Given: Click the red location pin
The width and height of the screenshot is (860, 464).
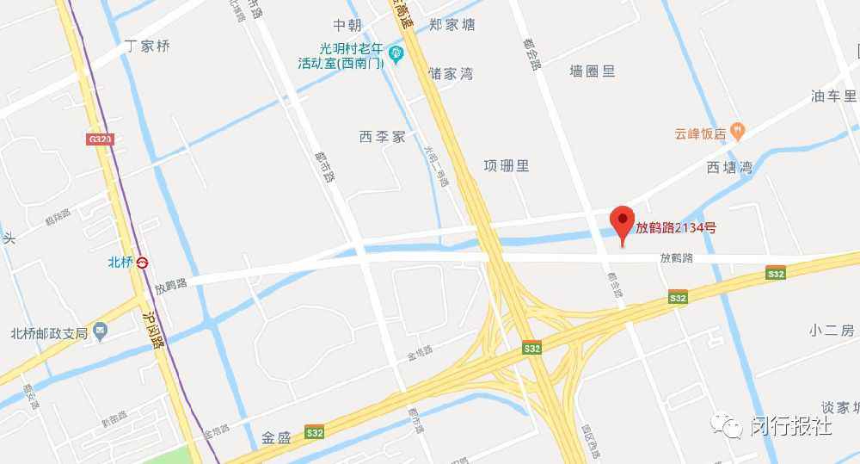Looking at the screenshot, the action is click(x=622, y=222).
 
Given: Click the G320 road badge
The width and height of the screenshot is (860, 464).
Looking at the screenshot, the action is click(x=100, y=139).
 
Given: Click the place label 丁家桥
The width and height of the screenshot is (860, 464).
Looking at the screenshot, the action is click(x=148, y=46).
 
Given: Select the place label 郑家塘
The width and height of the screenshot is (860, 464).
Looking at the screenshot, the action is click(x=452, y=25).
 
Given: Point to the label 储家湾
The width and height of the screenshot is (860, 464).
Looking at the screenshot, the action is click(x=451, y=74).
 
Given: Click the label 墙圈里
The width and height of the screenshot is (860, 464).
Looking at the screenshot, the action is click(x=593, y=71).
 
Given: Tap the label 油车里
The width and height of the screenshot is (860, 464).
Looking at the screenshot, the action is click(x=834, y=96).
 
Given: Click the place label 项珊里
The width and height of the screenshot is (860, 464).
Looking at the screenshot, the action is click(x=506, y=165).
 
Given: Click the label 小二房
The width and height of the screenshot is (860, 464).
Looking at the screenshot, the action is click(x=830, y=331).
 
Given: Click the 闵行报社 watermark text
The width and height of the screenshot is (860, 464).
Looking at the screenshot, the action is click(x=790, y=425).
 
